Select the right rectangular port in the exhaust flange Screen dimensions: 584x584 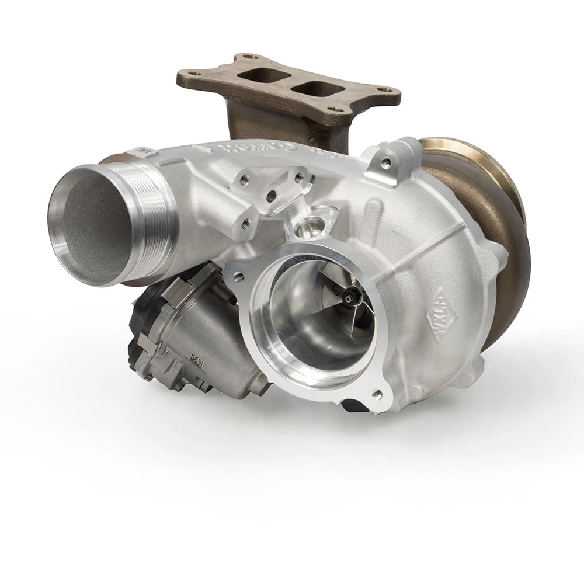tap(318, 89)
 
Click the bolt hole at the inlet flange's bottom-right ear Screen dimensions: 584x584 tap(376, 395)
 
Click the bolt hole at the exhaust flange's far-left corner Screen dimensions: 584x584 tap(193, 74)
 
